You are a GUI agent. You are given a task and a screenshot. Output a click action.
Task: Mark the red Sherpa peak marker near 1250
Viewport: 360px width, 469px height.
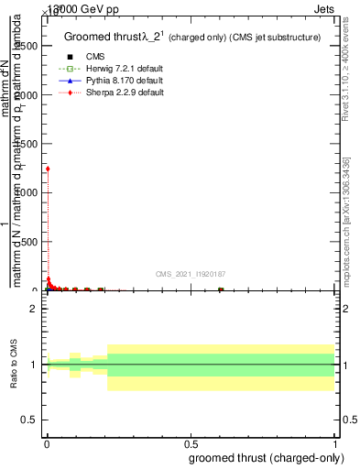tap(48, 169)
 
